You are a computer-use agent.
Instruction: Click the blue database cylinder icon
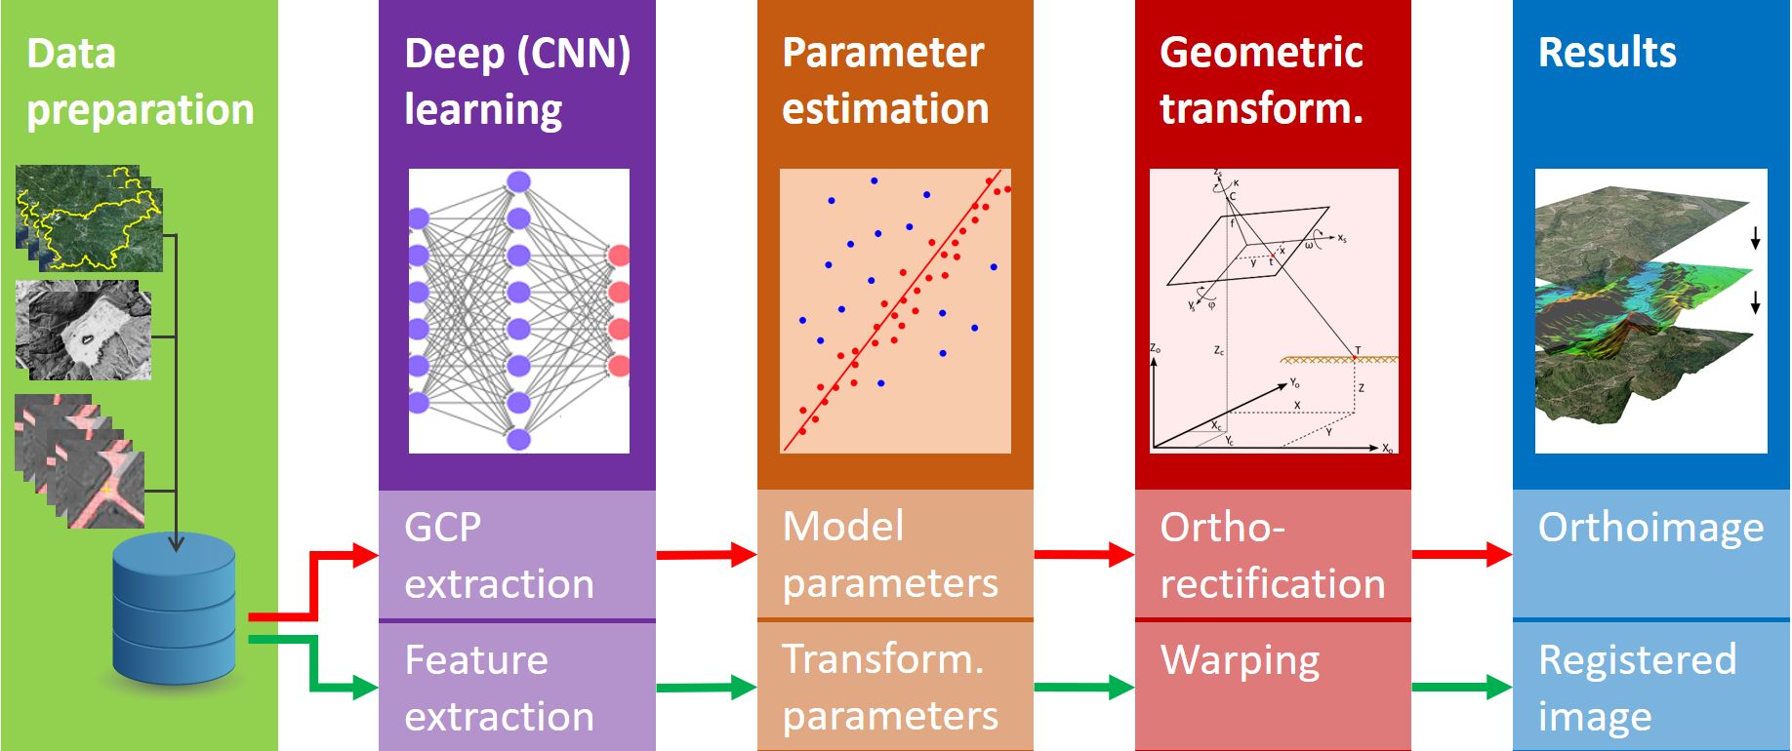point(175,610)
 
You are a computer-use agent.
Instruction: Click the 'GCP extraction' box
point(516,554)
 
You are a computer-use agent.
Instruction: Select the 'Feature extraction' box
point(516,687)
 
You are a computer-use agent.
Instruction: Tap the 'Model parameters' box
point(894,554)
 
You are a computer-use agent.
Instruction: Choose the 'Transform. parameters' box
point(894,687)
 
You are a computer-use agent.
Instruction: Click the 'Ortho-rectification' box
point(1272,554)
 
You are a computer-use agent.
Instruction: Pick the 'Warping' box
point(1272,683)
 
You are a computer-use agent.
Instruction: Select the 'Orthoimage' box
point(1651,552)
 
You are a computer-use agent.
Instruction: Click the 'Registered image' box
point(1651,687)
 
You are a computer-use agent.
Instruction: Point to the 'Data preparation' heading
point(140,81)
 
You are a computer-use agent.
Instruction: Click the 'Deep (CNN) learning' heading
point(517,81)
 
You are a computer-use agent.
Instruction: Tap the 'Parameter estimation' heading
point(885,81)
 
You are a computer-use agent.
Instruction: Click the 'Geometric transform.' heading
point(1261,81)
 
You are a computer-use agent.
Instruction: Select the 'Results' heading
point(1607,53)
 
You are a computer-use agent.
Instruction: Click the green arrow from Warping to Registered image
point(1461,687)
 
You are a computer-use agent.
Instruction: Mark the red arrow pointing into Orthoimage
point(1461,555)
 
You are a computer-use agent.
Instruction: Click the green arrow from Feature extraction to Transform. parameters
point(706,688)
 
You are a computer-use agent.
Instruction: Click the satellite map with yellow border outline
point(90,218)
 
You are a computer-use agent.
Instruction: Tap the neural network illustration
point(518,311)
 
